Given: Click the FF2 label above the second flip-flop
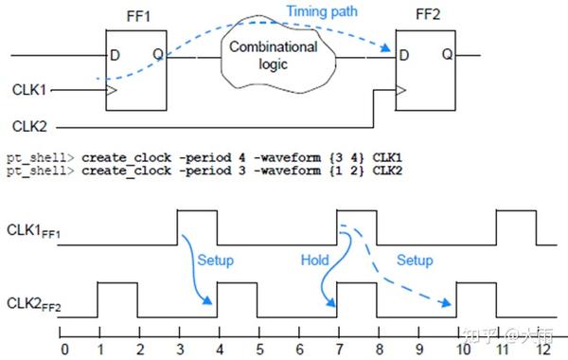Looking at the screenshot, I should click(427, 15).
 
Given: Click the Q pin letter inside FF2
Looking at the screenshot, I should click(446, 56).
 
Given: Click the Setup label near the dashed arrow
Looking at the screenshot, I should click(414, 260).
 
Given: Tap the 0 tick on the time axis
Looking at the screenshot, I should click(63, 348).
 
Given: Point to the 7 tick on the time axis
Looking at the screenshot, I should click(338, 348).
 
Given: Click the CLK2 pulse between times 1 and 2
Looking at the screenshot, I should click(118, 298).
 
